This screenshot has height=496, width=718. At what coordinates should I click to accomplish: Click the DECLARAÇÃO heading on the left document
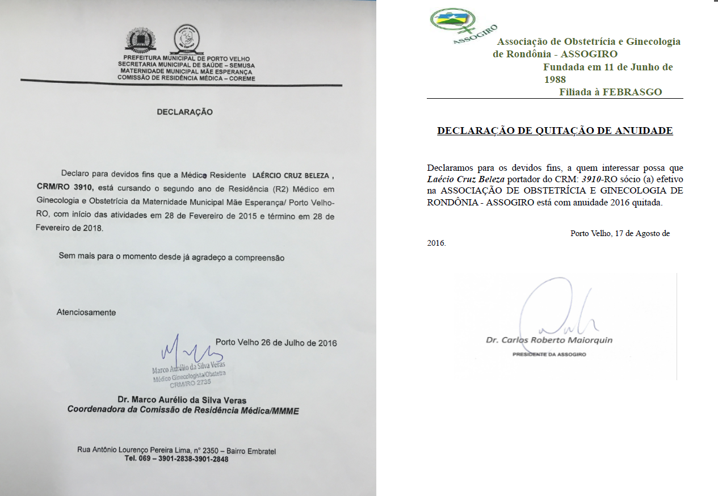point(184,112)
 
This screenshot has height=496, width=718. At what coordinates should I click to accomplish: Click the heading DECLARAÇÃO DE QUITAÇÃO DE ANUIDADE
point(555,131)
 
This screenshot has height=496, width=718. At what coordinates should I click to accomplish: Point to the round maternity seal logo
point(186,39)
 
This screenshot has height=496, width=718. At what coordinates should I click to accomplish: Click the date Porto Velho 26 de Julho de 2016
point(276,343)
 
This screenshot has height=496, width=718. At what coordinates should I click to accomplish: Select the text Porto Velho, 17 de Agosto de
point(620,233)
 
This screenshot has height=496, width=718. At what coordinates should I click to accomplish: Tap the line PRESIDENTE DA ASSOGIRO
point(549,355)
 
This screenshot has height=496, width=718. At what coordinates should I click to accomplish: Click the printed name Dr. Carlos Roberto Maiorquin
point(549,341)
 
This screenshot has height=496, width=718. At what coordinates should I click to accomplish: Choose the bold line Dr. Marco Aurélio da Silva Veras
point(182,400)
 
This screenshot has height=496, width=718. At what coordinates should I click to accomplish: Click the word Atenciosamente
point(86,313)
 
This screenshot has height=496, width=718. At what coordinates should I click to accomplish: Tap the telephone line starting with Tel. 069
point(177,459)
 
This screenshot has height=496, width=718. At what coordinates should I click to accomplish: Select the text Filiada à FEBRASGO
point(610,92)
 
